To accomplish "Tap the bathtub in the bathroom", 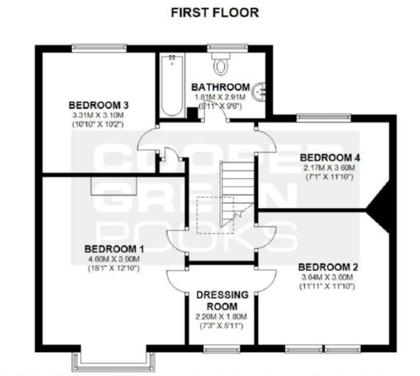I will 169,86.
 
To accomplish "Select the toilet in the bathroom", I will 221,65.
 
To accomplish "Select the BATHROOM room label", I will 220,87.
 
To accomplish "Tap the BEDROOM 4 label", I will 332,156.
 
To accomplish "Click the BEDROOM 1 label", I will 114,248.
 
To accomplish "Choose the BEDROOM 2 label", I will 328,266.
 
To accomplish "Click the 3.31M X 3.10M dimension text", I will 99,116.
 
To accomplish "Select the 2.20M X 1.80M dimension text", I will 222,317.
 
